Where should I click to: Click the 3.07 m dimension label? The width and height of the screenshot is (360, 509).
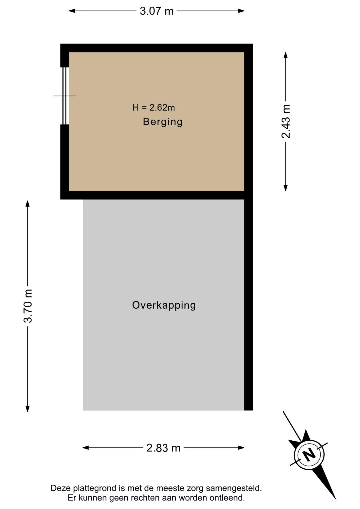(x=157, y=11)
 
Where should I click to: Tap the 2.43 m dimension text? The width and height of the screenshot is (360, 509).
(x=286, y=121)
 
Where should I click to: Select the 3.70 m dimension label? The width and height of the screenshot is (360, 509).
(x=28, y=306)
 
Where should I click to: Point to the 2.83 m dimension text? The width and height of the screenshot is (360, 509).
(x=163, y=448)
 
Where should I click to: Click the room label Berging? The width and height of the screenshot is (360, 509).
(x=163, y=122)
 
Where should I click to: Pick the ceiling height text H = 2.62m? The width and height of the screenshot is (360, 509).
(x=154, y=107)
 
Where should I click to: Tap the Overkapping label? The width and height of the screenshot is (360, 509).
(x=164, y=305)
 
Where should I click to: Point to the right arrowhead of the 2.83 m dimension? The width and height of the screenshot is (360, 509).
(x=241, y=448)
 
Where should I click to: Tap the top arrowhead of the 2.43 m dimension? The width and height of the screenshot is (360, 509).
(x=286, y=55)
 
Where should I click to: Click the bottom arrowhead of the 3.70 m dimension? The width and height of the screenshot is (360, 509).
(x=27, y=409)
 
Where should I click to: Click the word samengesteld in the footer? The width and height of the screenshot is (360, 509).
(x=234, y=488)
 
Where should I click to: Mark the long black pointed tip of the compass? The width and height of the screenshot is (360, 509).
(x=336, y=499)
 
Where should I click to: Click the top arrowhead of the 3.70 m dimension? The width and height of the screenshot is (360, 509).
(x=27, y=204)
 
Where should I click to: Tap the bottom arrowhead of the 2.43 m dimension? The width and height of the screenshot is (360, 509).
(x=286, y=188)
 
